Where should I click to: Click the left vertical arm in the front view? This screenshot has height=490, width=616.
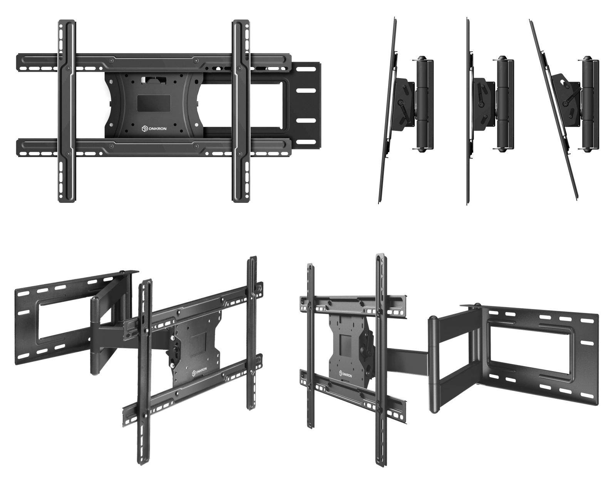coord(67,111)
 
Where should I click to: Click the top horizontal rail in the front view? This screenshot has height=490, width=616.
coord(154,62)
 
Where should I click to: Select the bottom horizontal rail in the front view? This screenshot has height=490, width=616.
coord(154,148)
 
